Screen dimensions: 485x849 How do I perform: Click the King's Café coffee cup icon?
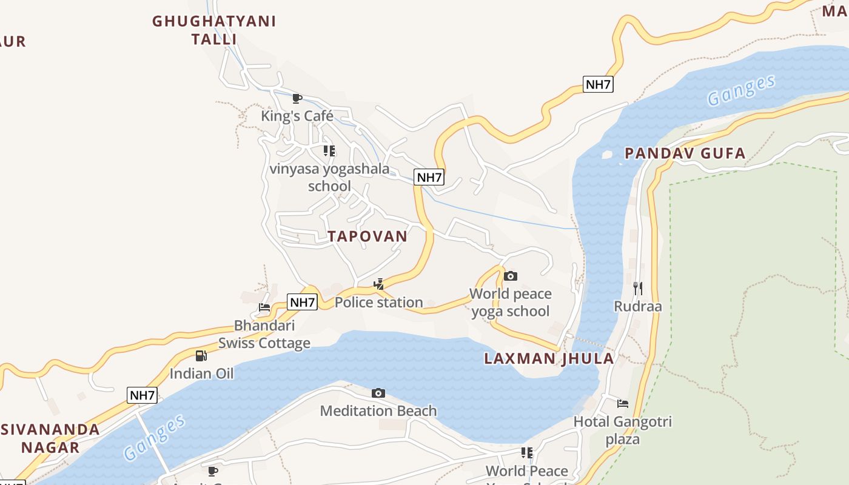[x=297, y=98]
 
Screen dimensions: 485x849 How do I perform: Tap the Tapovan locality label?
[x=367, y=236]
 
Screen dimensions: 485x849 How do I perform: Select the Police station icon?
[x=379, y=284]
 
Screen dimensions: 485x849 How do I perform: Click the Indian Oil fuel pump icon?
[x=201, y=356]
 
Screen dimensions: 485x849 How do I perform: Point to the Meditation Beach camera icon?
[x=378, y=393]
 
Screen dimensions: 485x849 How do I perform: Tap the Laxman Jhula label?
[x=549, y=358]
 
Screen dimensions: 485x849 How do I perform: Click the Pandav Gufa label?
[x=685, y=153]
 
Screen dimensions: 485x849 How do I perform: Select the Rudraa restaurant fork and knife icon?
[x=637, y=288]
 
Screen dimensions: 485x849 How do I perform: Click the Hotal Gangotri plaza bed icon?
[x=623, y=404]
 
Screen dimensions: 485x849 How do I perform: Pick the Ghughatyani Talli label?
[x=214, y=30]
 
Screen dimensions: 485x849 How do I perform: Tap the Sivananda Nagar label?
[x=50, y=438]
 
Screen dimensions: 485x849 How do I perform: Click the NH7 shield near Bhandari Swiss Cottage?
[x=302, y=302]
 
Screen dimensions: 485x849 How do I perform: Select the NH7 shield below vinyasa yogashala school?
[x=429, y=178]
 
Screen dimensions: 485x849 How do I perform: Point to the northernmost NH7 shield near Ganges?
[x=598, y=84]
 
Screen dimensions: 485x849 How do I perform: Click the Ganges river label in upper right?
[x=741, y=90]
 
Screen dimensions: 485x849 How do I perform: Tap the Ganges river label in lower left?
[x=154, y=438]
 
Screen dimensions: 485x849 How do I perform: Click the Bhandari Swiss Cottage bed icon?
[x=264, y=307]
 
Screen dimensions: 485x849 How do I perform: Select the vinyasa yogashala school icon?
[x=329, y=150]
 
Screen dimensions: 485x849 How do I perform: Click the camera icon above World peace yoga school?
[x=511, y=276]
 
